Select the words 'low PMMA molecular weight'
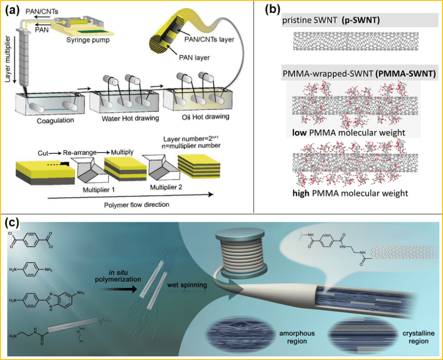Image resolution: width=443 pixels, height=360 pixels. pyautogui.click(x=349, y=133)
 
